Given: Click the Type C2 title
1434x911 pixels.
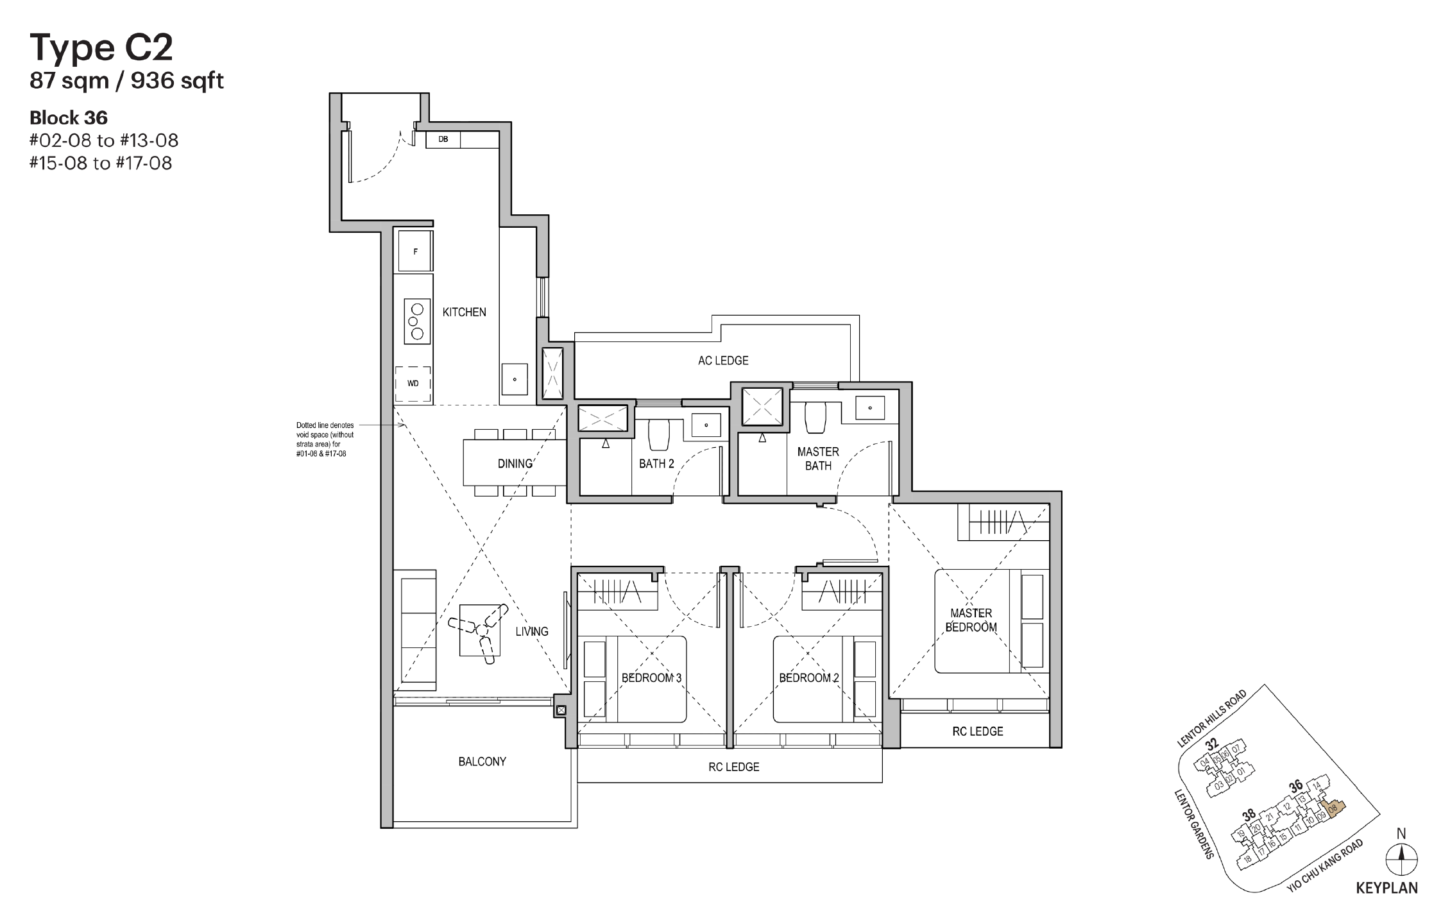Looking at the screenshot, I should [x=101, y=48].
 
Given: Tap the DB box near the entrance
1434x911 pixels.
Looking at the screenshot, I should [x=443, y=140].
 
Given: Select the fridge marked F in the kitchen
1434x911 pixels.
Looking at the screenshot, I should [x=415, y=251].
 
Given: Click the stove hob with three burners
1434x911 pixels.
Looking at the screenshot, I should [x=416, y=321].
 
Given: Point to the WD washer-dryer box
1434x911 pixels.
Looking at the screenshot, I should [x=413, y=384].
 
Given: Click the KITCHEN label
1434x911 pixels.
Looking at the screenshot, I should [x=464, y=312].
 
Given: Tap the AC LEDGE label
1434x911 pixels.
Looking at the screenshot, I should [x=723, y=361].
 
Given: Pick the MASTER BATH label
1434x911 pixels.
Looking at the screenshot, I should [x=818, y=459].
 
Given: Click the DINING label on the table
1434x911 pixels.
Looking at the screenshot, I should [x=515, y=463].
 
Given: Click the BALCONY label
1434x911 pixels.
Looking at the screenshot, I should [x=482, y=762].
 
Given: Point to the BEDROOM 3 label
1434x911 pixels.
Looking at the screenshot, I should [x=651, y=678].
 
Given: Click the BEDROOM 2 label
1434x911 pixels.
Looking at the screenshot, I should [x=808, y=678].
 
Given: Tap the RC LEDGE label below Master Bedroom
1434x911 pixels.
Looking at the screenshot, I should [x=977, y=731].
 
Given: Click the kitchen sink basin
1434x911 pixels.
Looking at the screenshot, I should [x=514, y=380].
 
